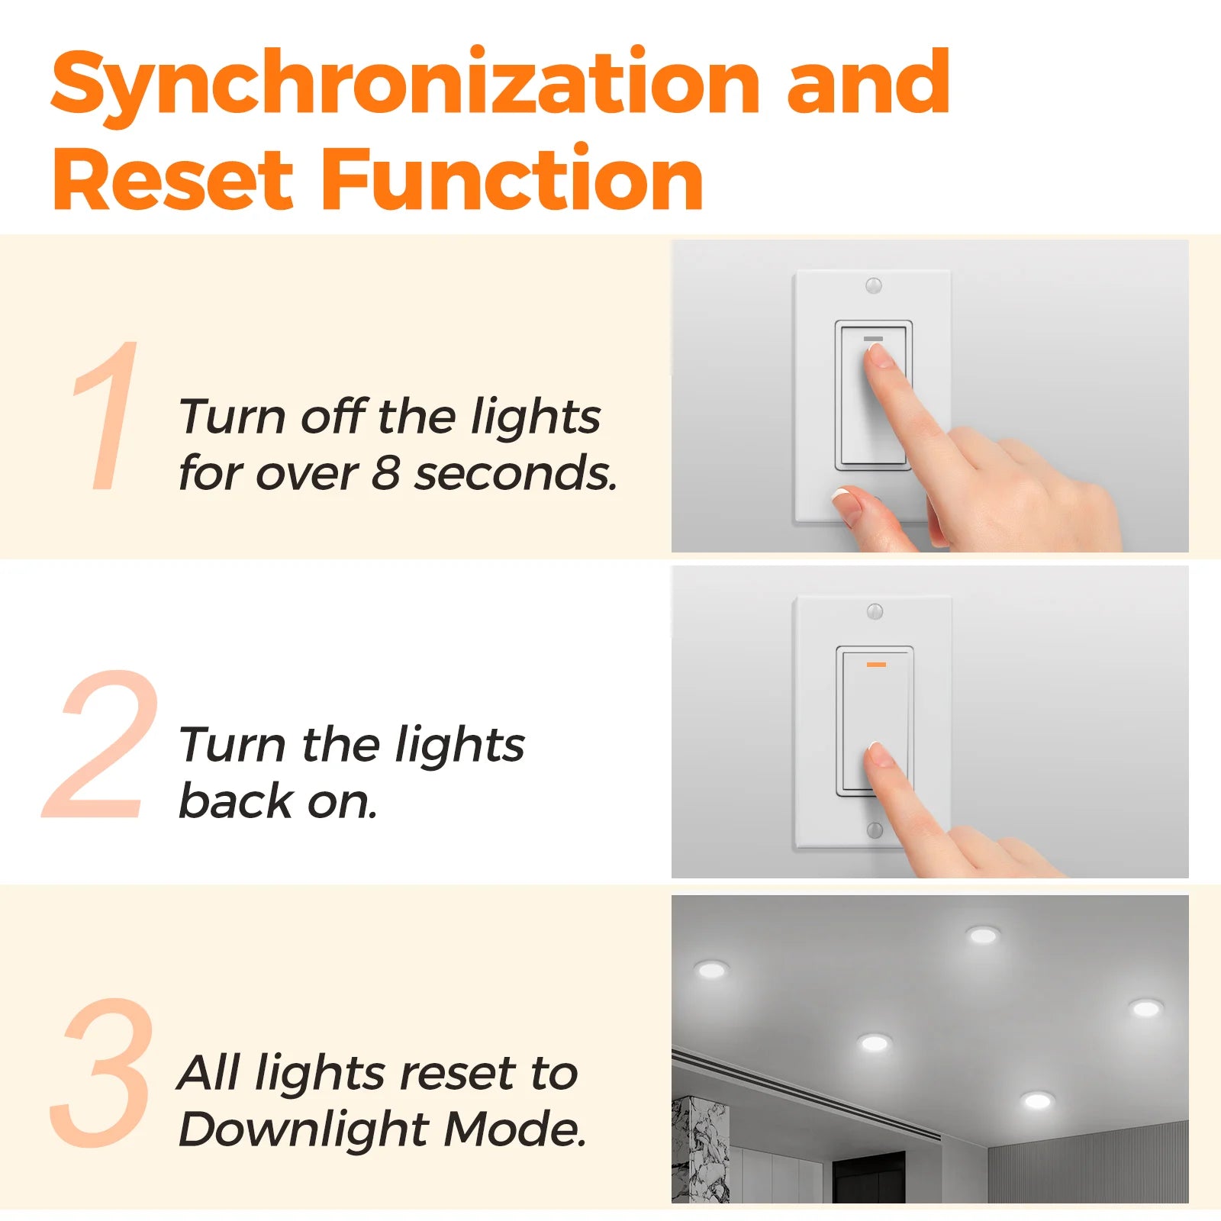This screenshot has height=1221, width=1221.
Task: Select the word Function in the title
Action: tap(512, 178)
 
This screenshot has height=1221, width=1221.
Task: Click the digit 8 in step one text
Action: tap(386, 473)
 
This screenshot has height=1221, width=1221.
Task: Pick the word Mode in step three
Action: tap(515, 1129)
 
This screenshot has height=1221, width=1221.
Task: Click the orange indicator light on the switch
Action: tap(876, 665)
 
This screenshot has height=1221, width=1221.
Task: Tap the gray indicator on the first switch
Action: tap(873, 338)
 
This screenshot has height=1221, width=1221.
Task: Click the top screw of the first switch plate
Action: tap(874, 285)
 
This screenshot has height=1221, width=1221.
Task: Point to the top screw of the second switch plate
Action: tap(875, 611)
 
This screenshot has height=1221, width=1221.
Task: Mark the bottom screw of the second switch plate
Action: tap(875, 830)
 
